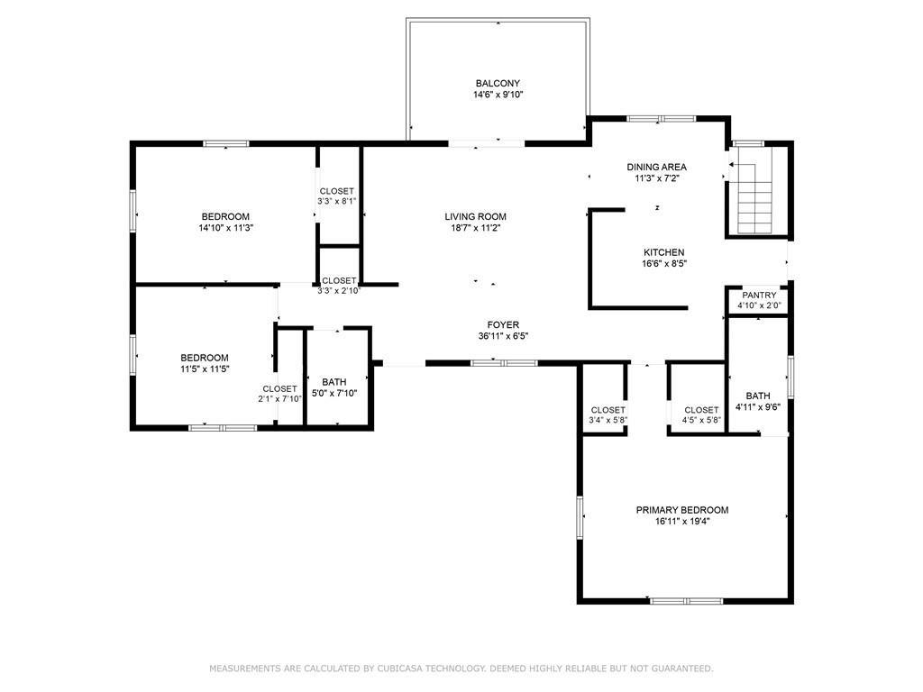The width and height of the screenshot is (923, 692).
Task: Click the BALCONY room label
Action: pyautogui.click(x=498, y=84)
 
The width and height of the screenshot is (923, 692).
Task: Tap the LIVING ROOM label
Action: pyautogui.click(x=476, y=216)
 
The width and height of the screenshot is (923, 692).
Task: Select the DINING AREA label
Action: pyautogui.click(x=656, y=167)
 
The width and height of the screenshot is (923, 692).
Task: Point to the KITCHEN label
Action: pyautogui.click(x=664, y=252)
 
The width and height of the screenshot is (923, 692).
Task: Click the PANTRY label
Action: pyautogui.click(x=759, y=295)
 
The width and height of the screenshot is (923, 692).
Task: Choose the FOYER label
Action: pyautogui.click(x=503, y=324)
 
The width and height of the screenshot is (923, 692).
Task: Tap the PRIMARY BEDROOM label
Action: pyautogui.click(x=682, y=510)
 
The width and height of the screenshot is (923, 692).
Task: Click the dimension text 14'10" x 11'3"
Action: pyautogui.click(x=225, y=228)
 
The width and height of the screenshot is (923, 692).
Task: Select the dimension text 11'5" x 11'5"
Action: pyautogui.click(x=205, y=369)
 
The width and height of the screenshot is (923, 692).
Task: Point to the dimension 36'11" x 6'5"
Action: pyautogui.click(x=503, y=337)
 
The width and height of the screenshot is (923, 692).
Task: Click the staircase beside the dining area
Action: pyautogui.click(x=756, y=190)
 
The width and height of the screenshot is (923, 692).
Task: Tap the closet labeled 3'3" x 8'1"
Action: pyautogui.click(x=337, y=196)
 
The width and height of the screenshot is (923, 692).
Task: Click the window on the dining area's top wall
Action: pyautogui.click(x=661, y=119)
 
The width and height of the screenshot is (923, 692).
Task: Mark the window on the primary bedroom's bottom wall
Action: pyautogui.click(x=686, y=601)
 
